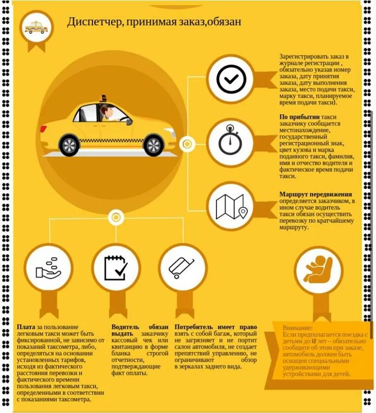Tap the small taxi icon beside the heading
click(x=36, y=28)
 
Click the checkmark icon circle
click(x=231, y=79)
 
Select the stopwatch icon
click(x=230, y=142)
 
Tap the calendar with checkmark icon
click(x=116, y=268)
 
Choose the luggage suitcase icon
click(x=183, y=268)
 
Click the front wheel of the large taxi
click(x=154, y=145)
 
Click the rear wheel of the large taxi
click(x=69, y=145)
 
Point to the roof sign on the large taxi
click(x=104, y=98)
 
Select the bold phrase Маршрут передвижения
click(x=315, y=194)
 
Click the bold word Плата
click(x=26, y=327)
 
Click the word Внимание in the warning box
click(x=297, y=328)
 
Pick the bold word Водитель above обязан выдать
click(x=125, y=327)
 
